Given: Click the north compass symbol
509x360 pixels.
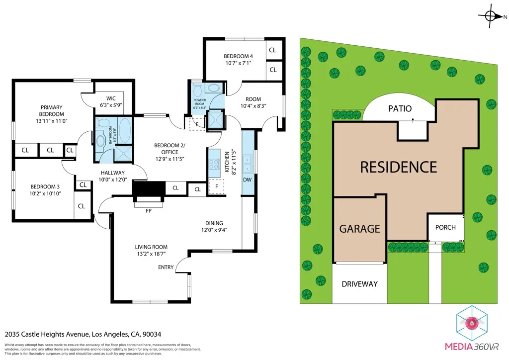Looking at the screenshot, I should (491, 16).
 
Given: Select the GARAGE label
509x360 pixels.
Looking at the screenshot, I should (359, 228).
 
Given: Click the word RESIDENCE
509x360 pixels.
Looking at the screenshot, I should (398, 167).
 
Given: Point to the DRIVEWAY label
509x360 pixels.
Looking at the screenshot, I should (359, 284).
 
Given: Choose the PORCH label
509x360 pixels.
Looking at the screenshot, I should (445, 227).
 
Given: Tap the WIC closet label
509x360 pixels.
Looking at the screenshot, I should (107, 98).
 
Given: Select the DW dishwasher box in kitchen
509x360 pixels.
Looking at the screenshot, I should (247, 179).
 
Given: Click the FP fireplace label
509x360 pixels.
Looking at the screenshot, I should (148, 211).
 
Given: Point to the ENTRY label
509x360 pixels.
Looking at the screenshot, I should (166, 268).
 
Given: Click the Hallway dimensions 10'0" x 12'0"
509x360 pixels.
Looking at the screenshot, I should (111, 180).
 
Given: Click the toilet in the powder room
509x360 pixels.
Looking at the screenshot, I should (198, 90).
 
